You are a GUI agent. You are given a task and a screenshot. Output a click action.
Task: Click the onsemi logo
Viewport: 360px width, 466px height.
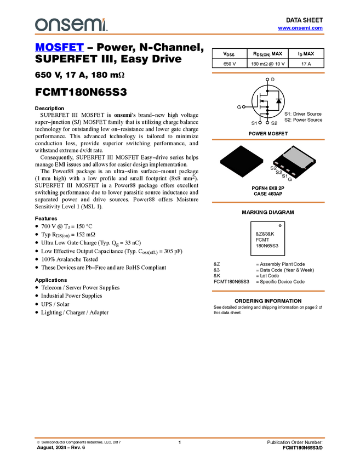point(71,25)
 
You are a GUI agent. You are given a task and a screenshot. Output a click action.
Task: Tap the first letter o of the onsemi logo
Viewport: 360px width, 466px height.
point(39,25)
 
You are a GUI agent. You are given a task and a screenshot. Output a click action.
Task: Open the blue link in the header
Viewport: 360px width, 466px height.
point(300,28)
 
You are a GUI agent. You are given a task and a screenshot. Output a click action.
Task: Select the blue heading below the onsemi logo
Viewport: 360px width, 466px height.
point(59,48)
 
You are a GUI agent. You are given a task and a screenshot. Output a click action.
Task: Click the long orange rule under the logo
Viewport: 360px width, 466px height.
point(179,34)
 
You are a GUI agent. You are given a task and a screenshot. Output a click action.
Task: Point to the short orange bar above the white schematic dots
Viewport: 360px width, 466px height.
point(268,72)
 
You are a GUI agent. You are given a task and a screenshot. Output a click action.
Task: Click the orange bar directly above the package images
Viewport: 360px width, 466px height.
point(268,140)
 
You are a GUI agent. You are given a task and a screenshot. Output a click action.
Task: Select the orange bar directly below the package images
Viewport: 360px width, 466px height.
point(268,202)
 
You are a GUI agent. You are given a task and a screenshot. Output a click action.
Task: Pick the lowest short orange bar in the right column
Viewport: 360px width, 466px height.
point(268,291)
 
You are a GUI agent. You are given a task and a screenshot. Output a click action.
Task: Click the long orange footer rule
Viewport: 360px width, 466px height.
point(179,437)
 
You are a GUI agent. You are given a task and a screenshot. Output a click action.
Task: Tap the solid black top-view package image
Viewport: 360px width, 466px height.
point(241,161)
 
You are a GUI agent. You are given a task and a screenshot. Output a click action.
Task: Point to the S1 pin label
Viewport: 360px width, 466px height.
point(285,176)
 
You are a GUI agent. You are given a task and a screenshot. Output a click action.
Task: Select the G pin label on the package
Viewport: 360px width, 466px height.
point(290,179)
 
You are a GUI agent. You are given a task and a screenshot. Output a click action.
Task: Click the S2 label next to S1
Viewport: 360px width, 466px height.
point(279,172)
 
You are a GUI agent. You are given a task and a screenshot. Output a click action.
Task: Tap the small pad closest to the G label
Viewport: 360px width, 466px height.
point(294,174)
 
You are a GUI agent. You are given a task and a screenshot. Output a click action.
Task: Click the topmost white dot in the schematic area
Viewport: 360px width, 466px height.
point(267,79)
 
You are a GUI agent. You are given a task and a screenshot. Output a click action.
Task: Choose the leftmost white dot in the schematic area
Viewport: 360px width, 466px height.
point(243,106)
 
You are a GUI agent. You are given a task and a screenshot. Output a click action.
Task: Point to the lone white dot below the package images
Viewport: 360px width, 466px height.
point(280,225)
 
